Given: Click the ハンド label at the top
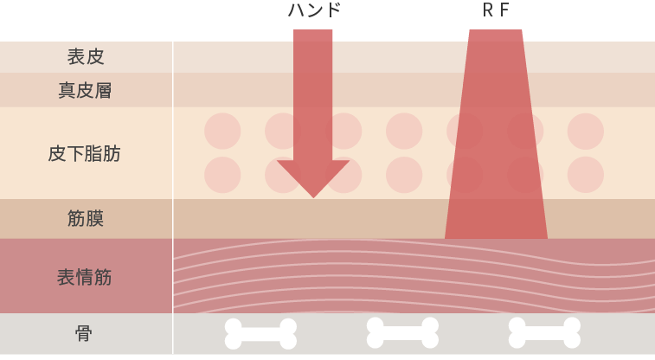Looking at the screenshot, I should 315,10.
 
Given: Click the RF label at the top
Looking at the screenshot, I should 496,10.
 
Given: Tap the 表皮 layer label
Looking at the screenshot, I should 86,57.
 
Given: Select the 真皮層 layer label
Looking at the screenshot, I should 86,90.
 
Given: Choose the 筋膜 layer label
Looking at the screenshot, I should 86,218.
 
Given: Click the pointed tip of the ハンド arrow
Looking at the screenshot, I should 313,195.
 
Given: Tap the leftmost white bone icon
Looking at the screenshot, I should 260,334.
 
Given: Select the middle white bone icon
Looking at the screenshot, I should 402,332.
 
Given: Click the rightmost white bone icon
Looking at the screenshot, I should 544,332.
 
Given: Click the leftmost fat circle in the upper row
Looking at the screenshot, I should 222,131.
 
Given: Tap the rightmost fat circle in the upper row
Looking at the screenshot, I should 586,131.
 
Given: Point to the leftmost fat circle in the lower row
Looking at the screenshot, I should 222,175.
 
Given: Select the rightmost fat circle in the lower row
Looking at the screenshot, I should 586,175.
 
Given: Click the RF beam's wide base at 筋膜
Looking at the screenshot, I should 496,229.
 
